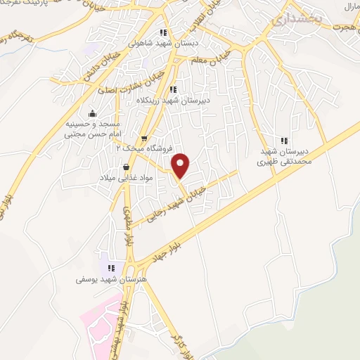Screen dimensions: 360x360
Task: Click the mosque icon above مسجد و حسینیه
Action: (92, 113)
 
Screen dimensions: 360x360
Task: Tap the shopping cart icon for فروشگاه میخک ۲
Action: (144, 139)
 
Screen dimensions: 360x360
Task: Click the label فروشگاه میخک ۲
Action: (139, 149)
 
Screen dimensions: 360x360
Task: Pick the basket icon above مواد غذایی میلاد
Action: (126, 167)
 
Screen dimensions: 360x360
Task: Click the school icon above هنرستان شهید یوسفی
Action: (110, 267)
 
